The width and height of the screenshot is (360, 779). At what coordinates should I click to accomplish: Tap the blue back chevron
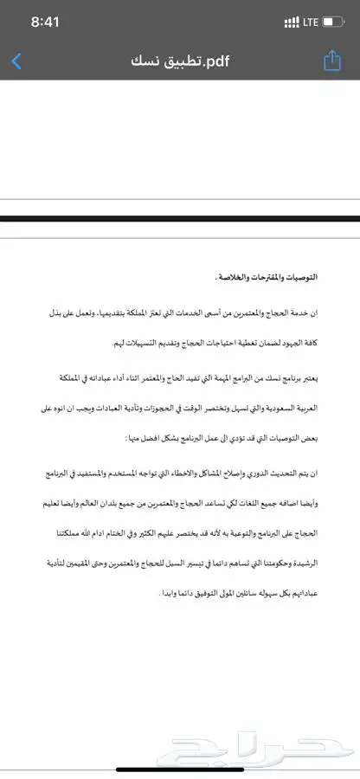(x=16, y=61)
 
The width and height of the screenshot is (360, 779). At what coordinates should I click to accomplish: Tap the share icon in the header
(x=331, y=61)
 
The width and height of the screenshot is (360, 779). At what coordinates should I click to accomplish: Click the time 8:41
(x=44, y=22)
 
